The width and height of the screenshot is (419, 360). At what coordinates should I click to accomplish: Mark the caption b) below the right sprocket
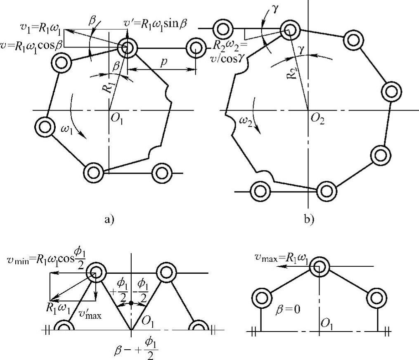tap(309, 219)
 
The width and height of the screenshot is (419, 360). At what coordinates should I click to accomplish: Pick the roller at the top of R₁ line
tap(128, 47)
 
